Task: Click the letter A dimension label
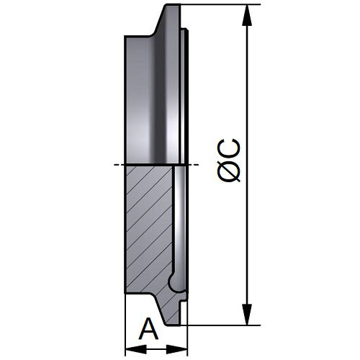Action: click(149, 329)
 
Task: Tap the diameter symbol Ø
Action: click(229, 171)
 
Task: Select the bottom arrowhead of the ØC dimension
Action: click(247, 315)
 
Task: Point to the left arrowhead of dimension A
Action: click(136, 349)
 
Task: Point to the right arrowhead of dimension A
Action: click(176, 349)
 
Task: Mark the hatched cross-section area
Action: click(149, 228)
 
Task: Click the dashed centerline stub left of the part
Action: click(119, 165)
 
